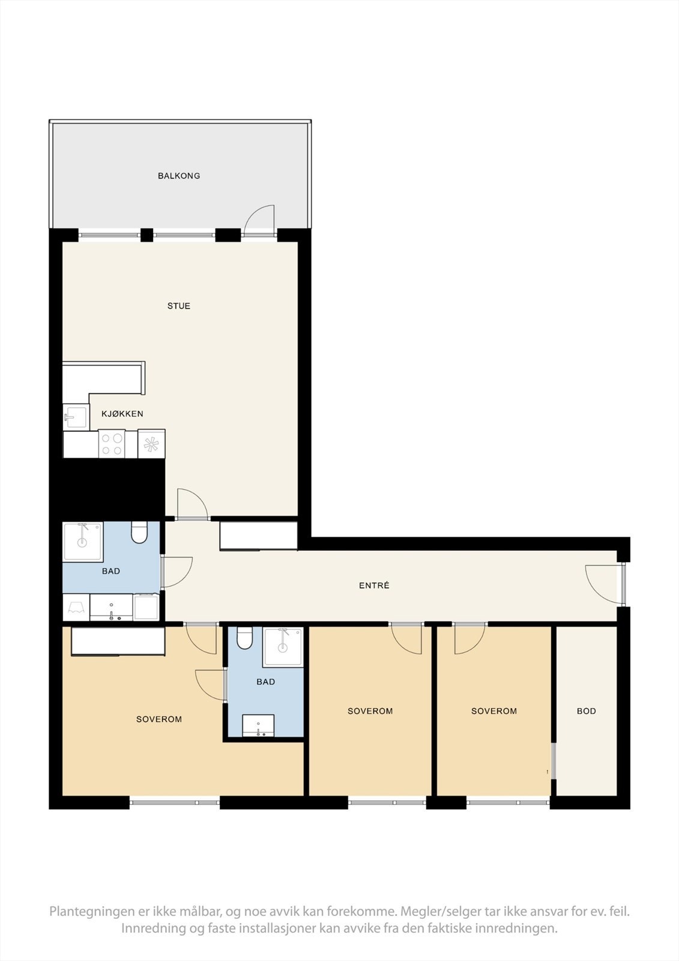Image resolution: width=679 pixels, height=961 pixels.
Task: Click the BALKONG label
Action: point(179,176)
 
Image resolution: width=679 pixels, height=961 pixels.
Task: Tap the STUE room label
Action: point(179,306)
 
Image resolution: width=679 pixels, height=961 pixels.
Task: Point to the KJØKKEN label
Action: point(122,414)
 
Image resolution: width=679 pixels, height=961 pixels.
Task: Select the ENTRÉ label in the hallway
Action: point(374,586)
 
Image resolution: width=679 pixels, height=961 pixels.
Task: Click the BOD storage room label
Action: point(587,711)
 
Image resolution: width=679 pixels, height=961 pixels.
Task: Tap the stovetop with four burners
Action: point(112,444)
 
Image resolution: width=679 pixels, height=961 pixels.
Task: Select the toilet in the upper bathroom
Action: point(139,533)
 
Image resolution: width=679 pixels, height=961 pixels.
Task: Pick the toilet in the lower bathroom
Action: point(244,639)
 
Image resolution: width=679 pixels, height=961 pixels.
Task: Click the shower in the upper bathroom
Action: point(83,541)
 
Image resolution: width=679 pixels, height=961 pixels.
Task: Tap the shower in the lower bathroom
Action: point(283,646)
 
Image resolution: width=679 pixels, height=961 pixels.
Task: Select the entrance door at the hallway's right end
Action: point(602,583)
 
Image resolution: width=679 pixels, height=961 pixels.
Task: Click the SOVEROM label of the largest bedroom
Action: point(159,720)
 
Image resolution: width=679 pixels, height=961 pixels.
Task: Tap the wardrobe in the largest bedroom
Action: point(118,641)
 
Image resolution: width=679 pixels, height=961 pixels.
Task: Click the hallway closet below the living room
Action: point(259,536)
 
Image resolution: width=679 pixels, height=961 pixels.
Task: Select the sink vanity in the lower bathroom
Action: point(258,726)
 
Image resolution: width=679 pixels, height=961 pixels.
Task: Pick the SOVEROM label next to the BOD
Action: point(494,711)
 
